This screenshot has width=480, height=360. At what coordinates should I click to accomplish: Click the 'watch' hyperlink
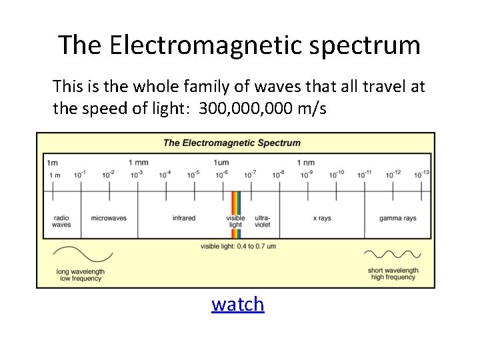[238, 304]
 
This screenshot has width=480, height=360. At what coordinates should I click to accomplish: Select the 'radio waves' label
[61, 221]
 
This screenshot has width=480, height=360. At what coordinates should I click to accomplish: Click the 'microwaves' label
[109, 218]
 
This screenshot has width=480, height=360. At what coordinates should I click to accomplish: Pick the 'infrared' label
[184, 218]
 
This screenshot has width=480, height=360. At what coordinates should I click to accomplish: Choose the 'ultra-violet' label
[262, 221]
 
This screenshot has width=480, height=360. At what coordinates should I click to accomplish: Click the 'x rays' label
[322, 218]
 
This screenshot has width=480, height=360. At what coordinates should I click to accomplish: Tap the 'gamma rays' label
[398, 218]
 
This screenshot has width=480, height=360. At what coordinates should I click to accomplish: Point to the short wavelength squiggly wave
[392, 254]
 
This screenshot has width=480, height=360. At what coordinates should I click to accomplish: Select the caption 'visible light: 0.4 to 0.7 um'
[238, 246]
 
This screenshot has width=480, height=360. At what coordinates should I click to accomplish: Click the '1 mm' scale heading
[138, 162]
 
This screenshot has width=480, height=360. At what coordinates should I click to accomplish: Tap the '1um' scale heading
[221, 162]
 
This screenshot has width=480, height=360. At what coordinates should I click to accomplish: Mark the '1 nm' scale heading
[305, 162]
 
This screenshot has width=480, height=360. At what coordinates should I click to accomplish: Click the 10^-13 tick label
[421, 174]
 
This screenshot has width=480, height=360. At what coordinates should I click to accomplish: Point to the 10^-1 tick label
[80, 174]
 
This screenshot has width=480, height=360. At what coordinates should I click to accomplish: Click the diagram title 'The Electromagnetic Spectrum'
[232, 143]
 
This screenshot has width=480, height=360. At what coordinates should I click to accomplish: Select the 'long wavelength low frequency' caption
[80, 275]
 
